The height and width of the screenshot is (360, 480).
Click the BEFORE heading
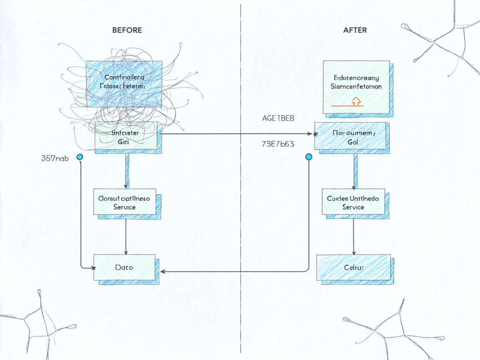tap(127, 30)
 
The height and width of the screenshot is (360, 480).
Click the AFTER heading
tap(355, 30)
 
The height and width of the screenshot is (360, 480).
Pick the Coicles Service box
tap(353, 202)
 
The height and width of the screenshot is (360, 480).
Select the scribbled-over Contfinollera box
tap(124, 81)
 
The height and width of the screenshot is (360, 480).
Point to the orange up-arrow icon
tap(355, 100)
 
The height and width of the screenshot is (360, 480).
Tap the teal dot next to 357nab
tap(80, 157)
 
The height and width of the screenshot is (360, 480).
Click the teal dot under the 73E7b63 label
tap(309, 157)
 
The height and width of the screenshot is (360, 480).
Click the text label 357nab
tap(55, 158)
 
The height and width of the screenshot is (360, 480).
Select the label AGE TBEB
tap(278, 118)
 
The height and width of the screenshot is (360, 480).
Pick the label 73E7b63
tap(278, 145)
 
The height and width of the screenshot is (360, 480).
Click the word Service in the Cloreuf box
tap(125, 207)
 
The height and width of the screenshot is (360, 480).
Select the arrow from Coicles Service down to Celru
tap(354, 235)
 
